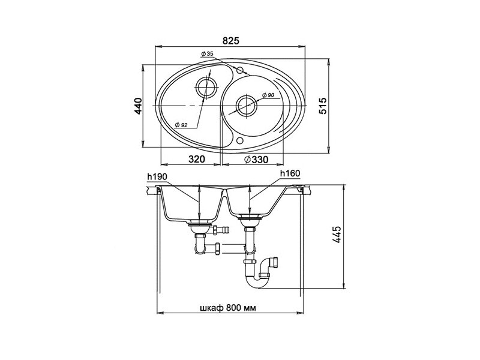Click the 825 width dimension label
pyautogui.click(x=230, y=41)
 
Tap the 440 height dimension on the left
pyautogui.click(x=139, y=106)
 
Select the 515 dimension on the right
pyautogui.click(x=323, y=106)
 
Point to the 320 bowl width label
pyautogui.click(x=197, y=159)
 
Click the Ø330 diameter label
pyautogui.click(x=256, y=160)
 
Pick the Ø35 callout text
pyautogui.click(x=207, y=54)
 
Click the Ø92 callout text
pyautogui.click(x=181, y=125)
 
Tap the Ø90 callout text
pyautogui.click(x=268, y=95)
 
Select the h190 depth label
pyautogui.click(x=157, y=176)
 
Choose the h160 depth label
pyautogui.click(x=290, y=173)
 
